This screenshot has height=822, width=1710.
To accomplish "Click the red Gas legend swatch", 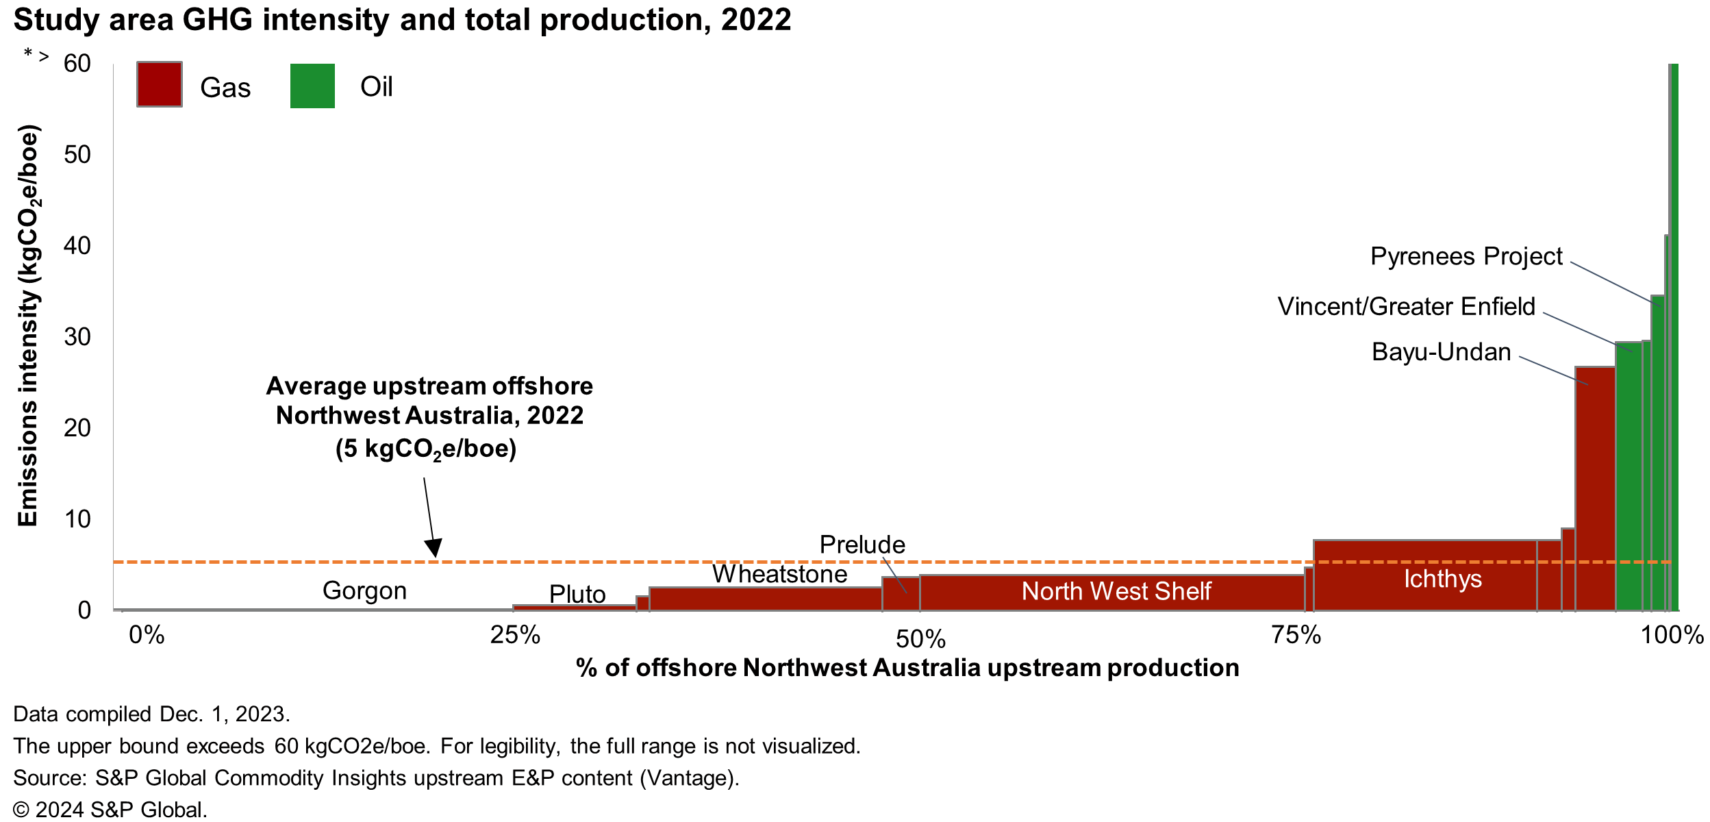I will (159, 84).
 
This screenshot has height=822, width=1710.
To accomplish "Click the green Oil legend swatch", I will (312, 86).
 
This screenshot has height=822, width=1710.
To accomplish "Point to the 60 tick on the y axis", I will (77, 64).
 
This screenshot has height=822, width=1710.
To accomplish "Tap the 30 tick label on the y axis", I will (77, 337).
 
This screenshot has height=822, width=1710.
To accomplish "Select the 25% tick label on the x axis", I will (515, 635).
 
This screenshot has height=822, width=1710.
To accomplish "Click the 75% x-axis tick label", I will (1296, 635).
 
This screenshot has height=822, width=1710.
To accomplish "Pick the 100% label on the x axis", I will (1672, 635).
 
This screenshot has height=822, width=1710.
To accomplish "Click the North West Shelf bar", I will (1116, 592).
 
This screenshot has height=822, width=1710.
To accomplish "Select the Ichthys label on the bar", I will (1442, 580).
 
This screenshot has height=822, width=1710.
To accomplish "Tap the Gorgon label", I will (364, 590).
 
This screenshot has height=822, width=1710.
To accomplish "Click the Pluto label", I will (577, 594).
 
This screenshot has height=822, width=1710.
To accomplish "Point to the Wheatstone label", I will (779, 574).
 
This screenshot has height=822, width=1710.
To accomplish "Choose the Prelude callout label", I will (862, 545).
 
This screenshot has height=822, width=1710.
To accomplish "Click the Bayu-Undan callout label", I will (1441, 352).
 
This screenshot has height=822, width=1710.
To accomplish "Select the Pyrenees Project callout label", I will (1466, 256).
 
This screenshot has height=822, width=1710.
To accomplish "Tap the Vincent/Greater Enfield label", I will (1406, 306).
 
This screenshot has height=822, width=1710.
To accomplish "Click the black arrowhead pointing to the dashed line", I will (433, 549).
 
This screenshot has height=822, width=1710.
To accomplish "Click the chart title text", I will (402, 20).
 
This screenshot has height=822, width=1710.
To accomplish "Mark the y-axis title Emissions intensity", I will (27, 325).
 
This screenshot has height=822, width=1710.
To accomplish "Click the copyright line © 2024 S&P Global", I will (110, 810).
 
